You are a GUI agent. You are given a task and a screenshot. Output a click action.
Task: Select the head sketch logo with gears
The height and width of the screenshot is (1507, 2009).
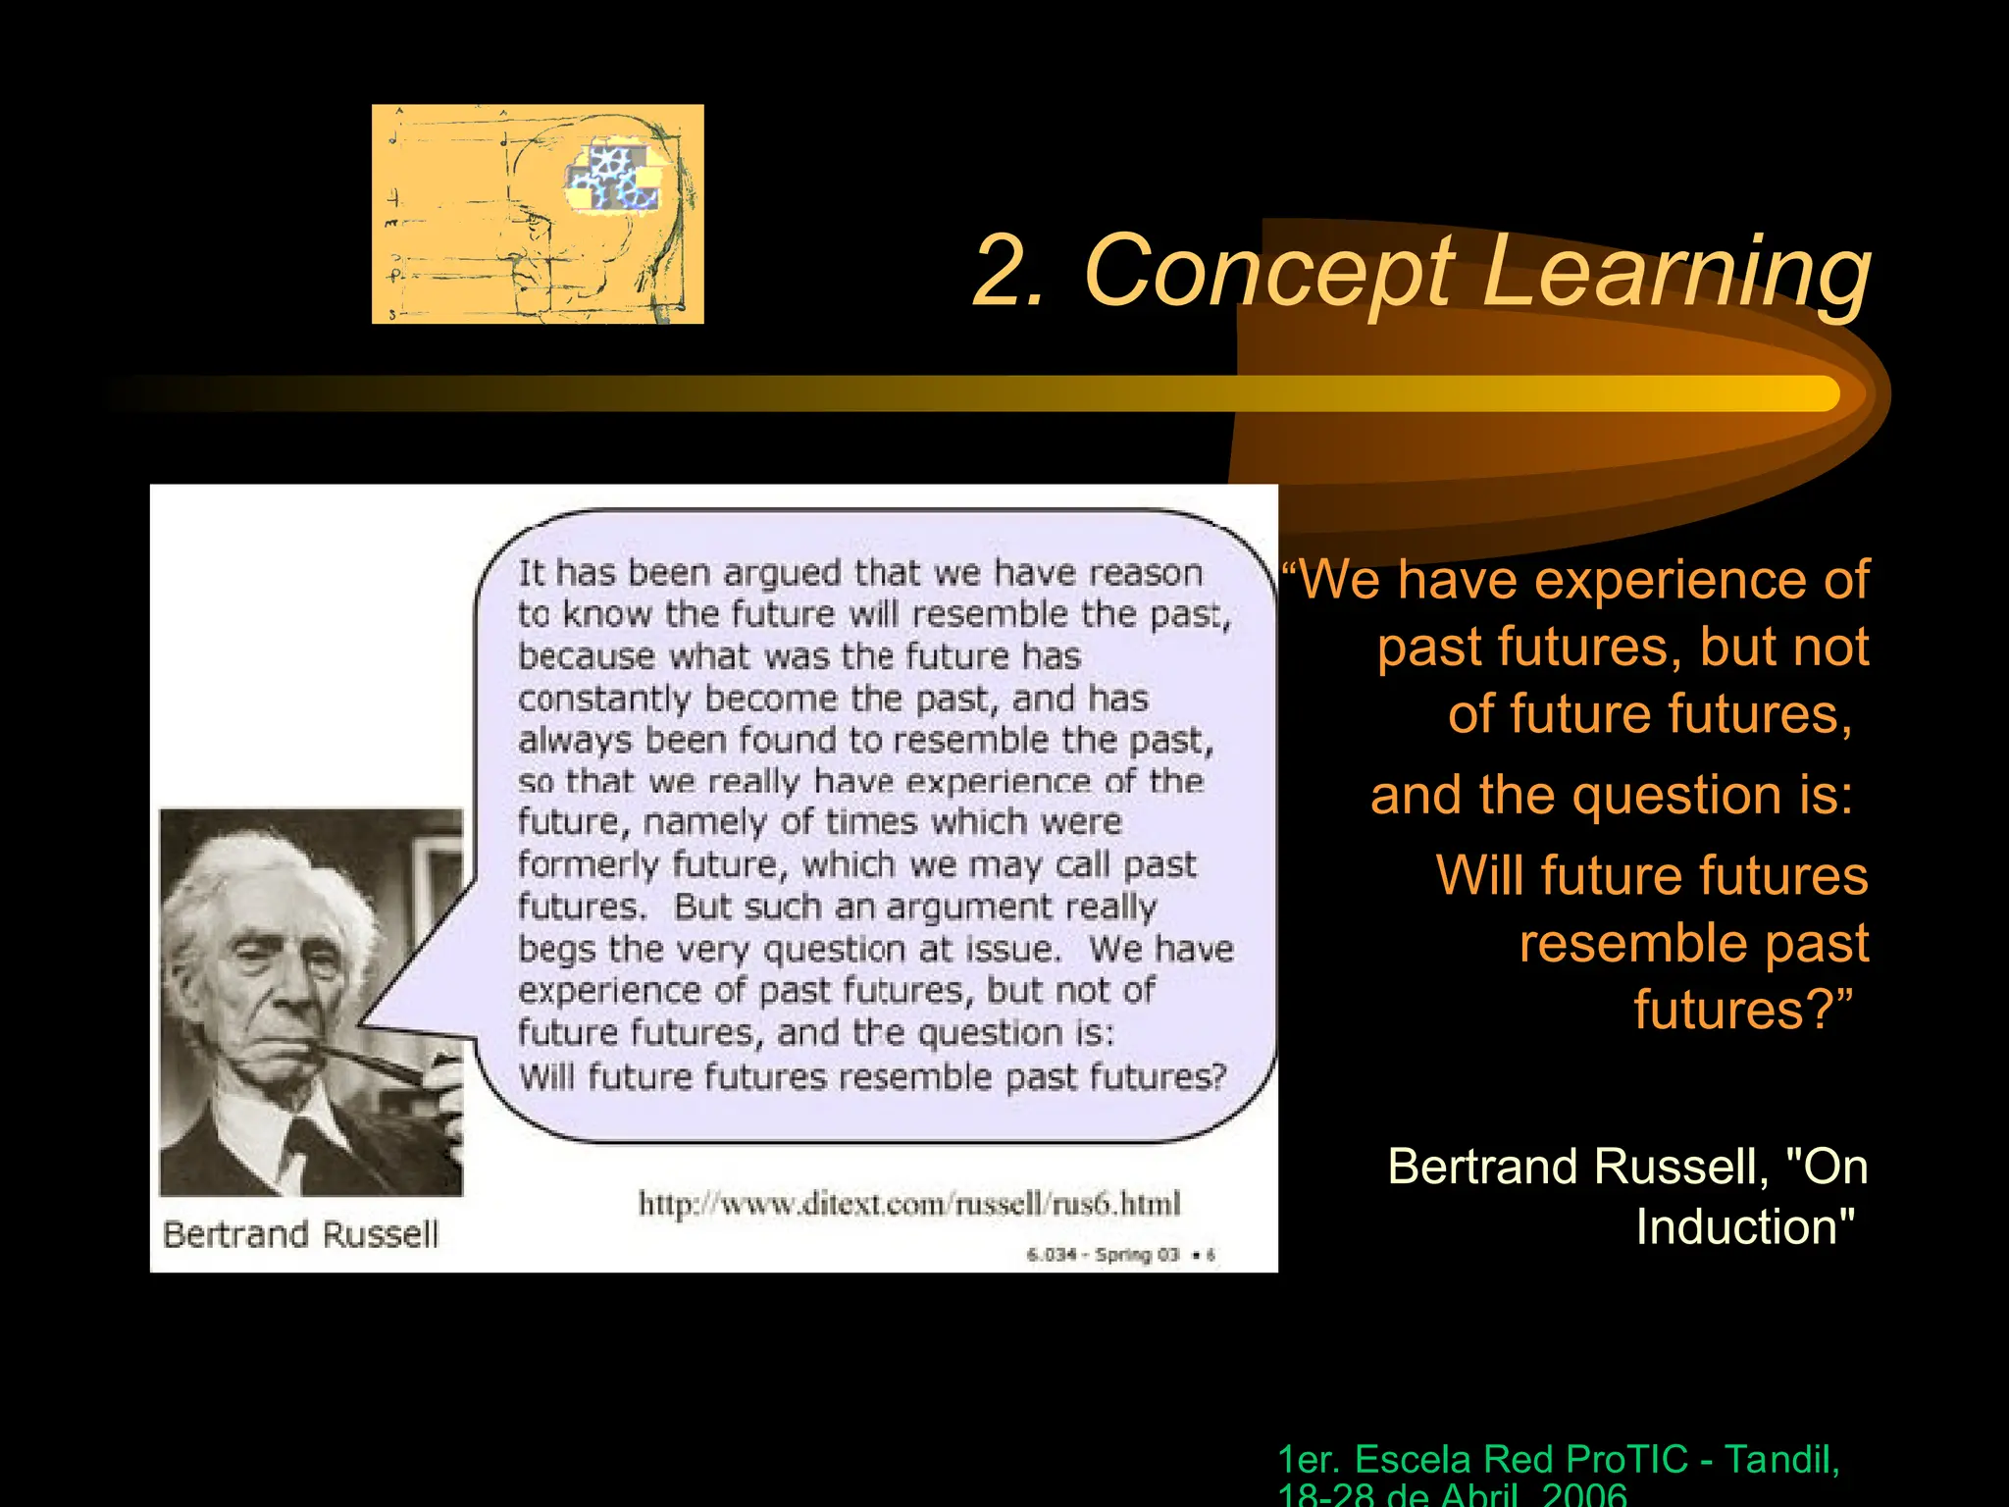pyautogui.click(x=538, y=214)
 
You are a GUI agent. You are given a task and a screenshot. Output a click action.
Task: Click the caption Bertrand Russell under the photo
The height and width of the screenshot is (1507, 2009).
pyautogui.click(x=300, y=1233)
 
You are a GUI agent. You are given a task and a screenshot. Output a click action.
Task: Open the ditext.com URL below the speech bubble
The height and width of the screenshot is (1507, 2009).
pyautogui.click(x=909, y=1203)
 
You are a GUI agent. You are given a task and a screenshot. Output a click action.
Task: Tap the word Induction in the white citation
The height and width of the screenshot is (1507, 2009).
pyautogui.click(x=1744, y=1227)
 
